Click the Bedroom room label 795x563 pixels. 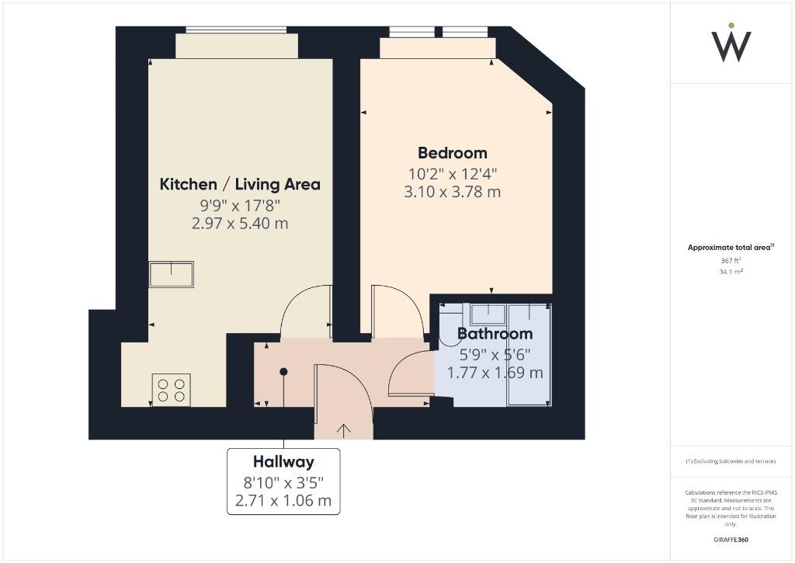pos(453,153)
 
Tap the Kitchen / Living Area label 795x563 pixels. pos(240,184)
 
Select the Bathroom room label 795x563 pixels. pos(495,334)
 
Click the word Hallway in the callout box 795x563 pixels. pos(283,462)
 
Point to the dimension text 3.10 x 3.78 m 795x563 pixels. pos(453,192)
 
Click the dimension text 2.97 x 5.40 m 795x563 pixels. pos(240,224)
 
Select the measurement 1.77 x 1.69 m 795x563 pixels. pos(495,373)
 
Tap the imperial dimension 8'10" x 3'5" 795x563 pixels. pos(283,481)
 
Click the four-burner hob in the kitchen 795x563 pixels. pos(172,389)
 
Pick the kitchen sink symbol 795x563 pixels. pos(172,274)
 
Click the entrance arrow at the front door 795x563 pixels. pos(342,429)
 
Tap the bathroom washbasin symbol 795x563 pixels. pos(488,314)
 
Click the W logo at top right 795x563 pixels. pos(731,43)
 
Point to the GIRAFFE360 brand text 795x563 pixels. pos(731,540)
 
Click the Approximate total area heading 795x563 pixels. pos(730,248)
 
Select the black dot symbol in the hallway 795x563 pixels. pos(283,371)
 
